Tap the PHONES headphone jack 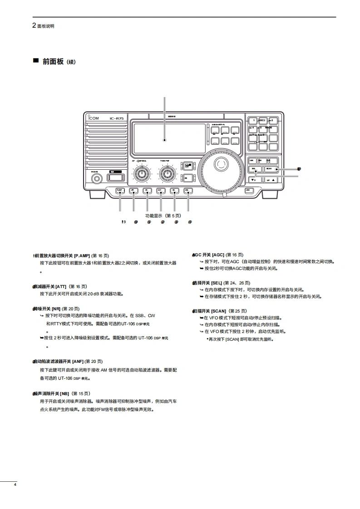[x=97, y=178]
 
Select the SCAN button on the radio [x=269, y=168]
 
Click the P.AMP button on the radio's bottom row [x=120, y=191]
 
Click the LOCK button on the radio [x=248, y=191]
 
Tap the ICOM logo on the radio [x=94, y=119]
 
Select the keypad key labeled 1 [x=253, y=120]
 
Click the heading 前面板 [x=53, y=61]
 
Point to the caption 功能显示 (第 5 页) [x=163, y=215]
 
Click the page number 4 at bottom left [x=15, y=485]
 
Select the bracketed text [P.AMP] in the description [x=82, y=256]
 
